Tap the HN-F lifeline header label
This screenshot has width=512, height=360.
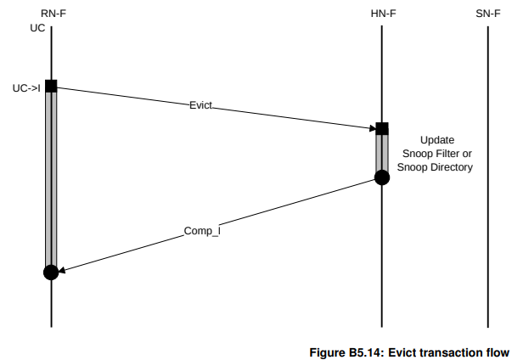(x=381, y=13)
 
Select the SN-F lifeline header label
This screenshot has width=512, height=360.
(x=487, y=13)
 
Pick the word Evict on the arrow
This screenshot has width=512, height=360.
(x=200, y=105)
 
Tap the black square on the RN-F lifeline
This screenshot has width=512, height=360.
(x=51, y=86)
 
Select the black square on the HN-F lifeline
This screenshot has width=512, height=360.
(x=381, y=128)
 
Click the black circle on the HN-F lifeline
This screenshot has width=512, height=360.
(x=381, y=177)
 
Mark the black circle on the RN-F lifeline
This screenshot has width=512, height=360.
(x=51, y=273)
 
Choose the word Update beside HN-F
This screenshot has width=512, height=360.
(x=437, y=139)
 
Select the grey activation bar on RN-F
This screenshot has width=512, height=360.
(x=51, y=178)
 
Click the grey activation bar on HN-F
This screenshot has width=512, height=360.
(x=381, y=153)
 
